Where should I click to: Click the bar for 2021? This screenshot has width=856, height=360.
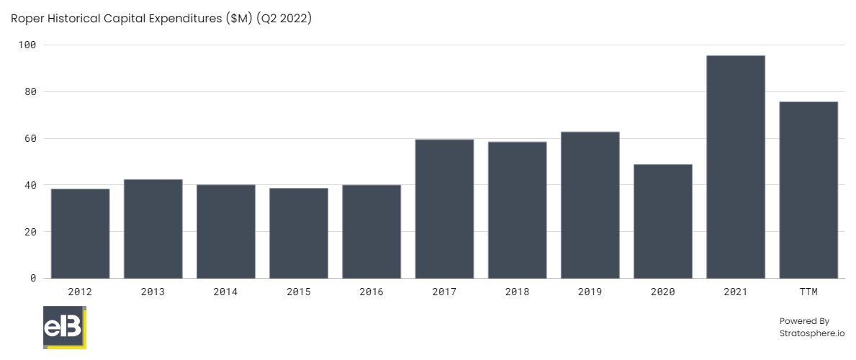[735, 167]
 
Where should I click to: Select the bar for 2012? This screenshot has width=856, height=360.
[81, 233]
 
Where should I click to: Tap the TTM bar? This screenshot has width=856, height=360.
[808, 190]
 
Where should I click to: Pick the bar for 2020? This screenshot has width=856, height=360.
[662, 221]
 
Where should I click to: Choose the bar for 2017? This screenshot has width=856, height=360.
[444, 209]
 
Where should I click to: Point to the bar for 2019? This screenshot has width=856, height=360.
[590, 205]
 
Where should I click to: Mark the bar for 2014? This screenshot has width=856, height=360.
[226, 231]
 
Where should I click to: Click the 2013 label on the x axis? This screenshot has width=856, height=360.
[153, 292]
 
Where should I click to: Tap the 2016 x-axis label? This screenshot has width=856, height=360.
[371, 292]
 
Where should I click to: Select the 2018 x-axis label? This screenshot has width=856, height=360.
[517, 292]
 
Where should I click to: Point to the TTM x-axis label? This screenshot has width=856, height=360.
[808, 292]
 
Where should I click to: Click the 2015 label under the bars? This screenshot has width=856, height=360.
[299, 292]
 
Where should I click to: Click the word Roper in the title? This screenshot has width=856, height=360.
[27, 19]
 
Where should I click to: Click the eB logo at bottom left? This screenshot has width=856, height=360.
[65, 328]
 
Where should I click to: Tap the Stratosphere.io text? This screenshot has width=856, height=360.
[812, 333]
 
